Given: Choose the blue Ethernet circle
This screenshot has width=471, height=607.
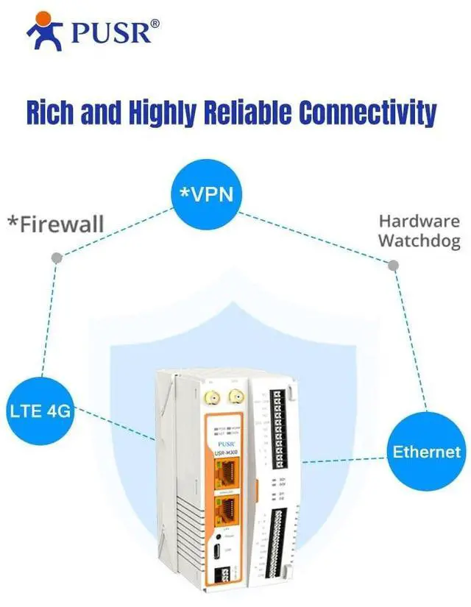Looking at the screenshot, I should (427, 451).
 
